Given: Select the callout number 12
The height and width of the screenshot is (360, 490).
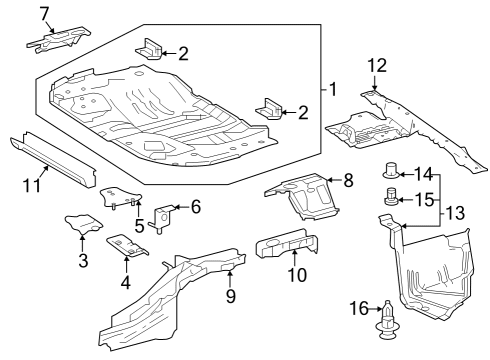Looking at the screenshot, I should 376,66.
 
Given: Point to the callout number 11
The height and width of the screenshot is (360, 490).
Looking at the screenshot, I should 33,185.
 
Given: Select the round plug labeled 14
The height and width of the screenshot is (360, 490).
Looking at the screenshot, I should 392,171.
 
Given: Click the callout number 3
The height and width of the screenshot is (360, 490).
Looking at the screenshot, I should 83,261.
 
